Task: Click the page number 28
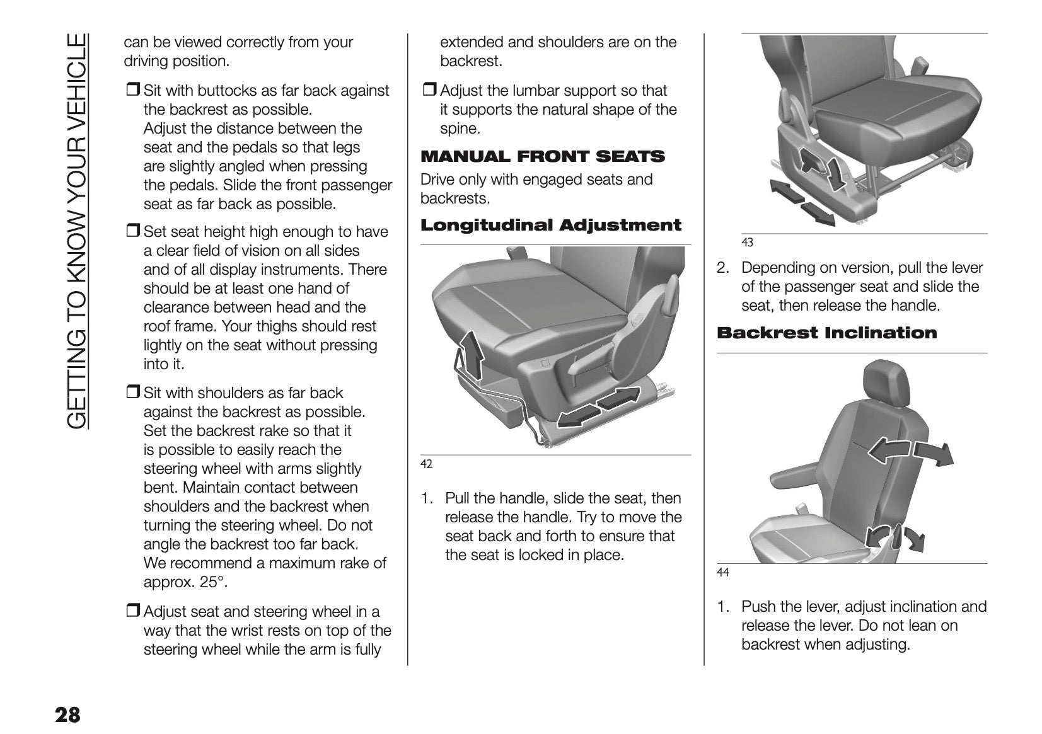pyautogui.click(x=67, y=715)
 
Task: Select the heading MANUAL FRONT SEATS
pyautogui.click(x=543, y=156)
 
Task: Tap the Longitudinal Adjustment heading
pyautogui.click(x=551, y=226)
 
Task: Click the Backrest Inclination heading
pyautogui.click(x=827, y=333)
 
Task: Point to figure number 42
pyautogui.click(x=427, y=464)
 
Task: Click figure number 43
pyautogui.click(x=747, y=242)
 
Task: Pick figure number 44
pyautogui.click(x=723, y=572)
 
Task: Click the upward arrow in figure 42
pyautogui.click(x=471, y=353)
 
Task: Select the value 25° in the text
pyautogui.click(x=212, y=582)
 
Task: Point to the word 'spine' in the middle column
pyautogui.click(x=460, y=129)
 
